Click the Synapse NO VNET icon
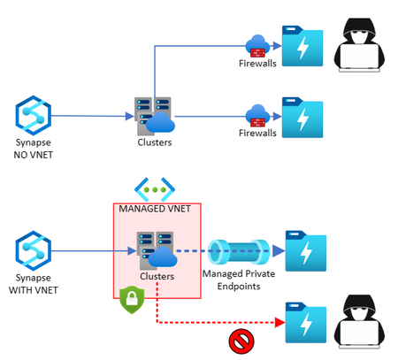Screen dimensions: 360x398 coord(33,116)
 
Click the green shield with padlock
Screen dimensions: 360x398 coord(131,298)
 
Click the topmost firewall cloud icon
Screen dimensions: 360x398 coord(258,43)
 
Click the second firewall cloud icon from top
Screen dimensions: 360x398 coord(258,113)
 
